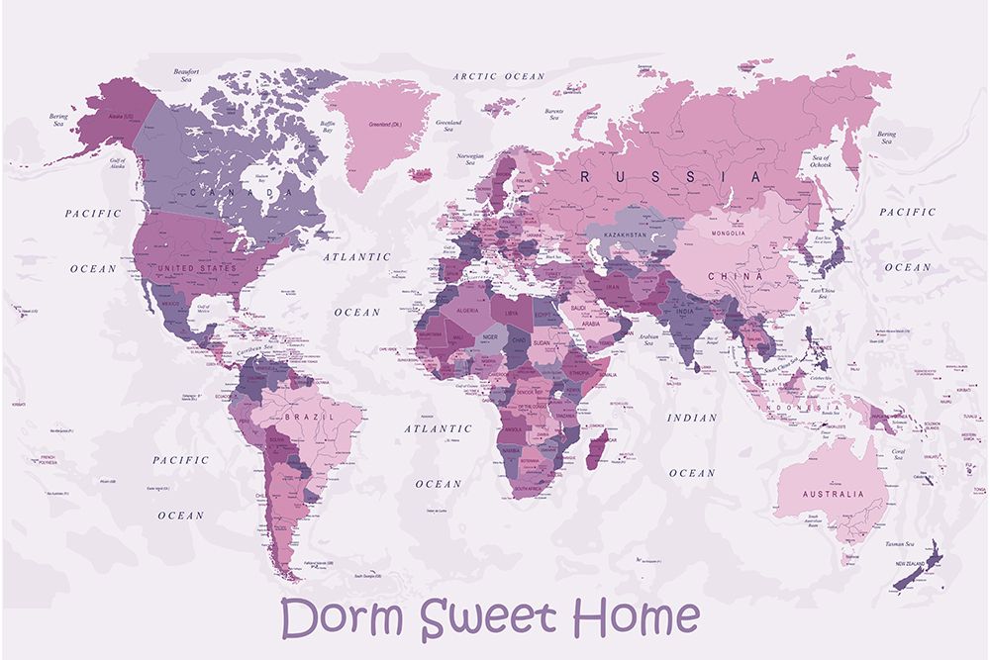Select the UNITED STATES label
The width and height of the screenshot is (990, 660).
(x=199, y=268)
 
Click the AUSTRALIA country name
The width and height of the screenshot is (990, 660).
(x=834, y=494)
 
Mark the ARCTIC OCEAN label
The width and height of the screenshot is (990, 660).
(x=499, y=76)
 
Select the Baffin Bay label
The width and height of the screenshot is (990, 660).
(x=327, y=127)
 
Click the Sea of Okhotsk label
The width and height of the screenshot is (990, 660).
(x=820, y=161)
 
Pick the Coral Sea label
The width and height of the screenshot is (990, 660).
(x=898, y=454)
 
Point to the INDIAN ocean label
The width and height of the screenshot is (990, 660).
(x=691, y=418)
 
